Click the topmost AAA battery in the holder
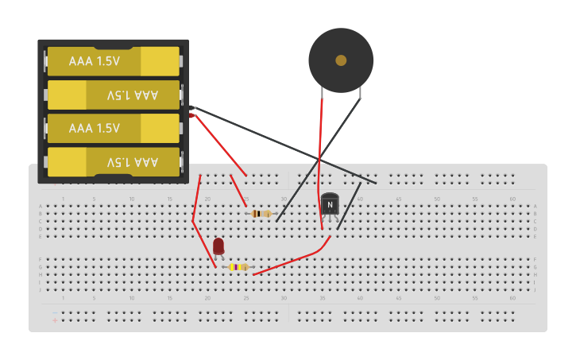113,61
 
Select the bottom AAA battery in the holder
113,161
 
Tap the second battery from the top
113,95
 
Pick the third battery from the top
113,128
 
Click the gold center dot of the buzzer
341,60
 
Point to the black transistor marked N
330,204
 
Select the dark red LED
218,246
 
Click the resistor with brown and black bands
261,213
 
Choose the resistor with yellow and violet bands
238,267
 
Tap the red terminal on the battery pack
191,116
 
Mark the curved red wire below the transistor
294,259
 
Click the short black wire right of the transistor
349,207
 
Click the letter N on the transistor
330,204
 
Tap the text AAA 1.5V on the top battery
94,61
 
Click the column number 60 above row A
512,199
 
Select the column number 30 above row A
284,199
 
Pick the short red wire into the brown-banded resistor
238,190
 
